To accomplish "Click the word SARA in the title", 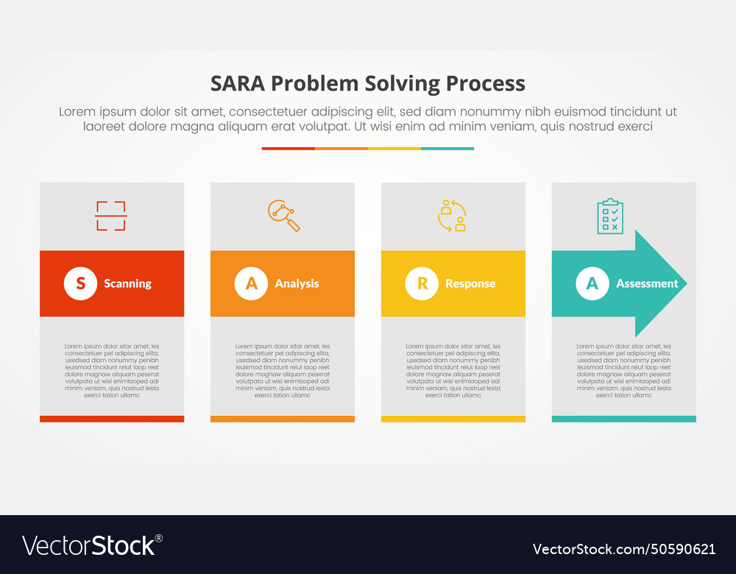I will [x=238, y=83].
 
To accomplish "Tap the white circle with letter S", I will [x=80, y=283].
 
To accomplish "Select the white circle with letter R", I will [x=422, y=283].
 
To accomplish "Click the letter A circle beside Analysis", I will [x=251, y=283].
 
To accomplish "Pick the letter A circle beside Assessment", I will [x=592, y=283].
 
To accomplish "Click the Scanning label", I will [x=127, y=283].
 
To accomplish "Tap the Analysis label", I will [x=297, y=283].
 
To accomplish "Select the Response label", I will [x=470, y=283].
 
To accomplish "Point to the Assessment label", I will [x=647, y=283].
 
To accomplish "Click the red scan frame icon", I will [x=111, y=216].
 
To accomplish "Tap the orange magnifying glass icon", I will [x=283, y=216].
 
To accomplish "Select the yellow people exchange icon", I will [x=452, y=216].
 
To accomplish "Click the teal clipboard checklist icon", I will [x=610, y=216].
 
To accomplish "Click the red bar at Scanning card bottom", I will [x=112, y=419].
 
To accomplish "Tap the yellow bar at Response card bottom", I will [x=453, y=419].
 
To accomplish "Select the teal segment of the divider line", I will [x=447, y=148].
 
